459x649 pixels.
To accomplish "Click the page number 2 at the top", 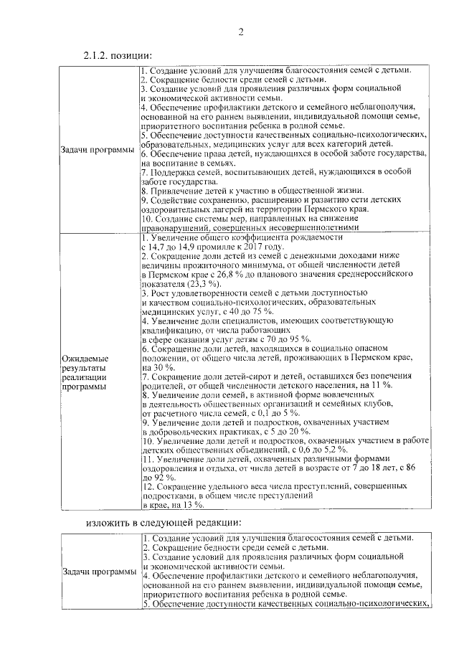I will [242, 32].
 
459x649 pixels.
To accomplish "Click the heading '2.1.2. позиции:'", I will [118, 56].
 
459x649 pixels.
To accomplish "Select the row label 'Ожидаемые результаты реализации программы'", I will [85, 371].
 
